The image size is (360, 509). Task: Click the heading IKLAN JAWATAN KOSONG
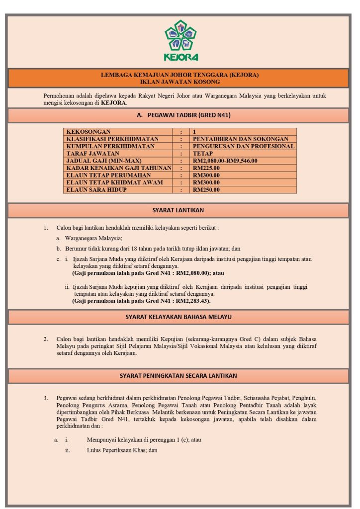[180, 82]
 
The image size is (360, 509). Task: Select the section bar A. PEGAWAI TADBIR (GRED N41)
[180, 115]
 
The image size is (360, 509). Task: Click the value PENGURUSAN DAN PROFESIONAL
[244, 146]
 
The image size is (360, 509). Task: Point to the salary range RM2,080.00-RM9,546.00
[225, 161]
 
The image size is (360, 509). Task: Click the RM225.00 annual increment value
[206, 168]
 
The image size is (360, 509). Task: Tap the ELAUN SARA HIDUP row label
[96, 190]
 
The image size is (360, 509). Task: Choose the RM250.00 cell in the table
[206, 190]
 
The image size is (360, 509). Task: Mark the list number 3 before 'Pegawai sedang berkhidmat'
[46, 398]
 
